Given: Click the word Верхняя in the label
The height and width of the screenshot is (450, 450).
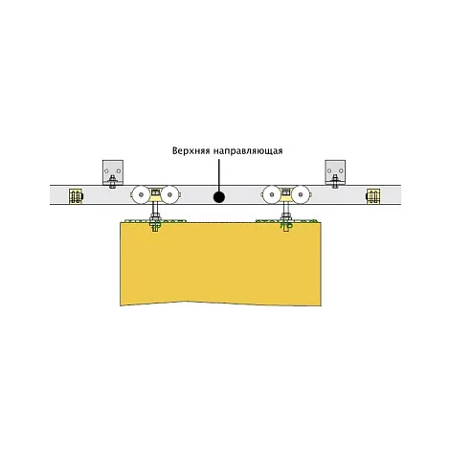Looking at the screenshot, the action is point(191,150).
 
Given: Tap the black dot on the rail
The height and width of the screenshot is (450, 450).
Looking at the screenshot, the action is point(219,197).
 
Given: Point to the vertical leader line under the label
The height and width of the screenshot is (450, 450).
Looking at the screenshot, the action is point(219,175).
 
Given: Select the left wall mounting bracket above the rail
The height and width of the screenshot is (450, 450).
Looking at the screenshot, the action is point(113,172).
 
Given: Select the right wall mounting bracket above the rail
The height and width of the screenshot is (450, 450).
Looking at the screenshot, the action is point(335,172).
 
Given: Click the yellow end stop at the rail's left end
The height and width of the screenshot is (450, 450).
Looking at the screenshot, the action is point(76,196).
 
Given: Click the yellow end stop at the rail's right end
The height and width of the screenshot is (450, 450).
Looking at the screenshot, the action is point(372,196).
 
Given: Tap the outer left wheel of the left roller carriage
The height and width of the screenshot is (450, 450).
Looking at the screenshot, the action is point(140,194).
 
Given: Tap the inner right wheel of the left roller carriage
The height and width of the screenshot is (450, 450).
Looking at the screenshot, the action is point(169,194).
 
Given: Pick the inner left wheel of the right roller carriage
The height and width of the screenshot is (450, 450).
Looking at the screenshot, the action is point(271,194).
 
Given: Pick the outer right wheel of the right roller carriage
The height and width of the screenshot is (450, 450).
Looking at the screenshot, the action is point(301,194).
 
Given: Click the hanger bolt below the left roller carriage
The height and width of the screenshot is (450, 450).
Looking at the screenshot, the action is point(155,218).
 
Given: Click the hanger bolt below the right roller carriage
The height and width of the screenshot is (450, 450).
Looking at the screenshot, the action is point(286,218).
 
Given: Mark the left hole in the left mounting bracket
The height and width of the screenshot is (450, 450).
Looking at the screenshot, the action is point(107,170).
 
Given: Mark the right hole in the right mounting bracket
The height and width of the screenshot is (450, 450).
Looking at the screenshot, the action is point(341,170).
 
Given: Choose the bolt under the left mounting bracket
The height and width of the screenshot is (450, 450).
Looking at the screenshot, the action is point(112,181).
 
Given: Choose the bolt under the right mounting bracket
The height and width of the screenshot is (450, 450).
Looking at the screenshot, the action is point(335,181).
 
